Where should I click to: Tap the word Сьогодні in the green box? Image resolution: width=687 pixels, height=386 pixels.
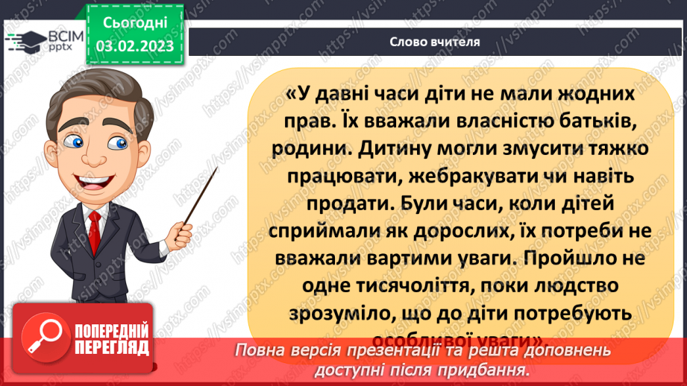(x=135, y=24)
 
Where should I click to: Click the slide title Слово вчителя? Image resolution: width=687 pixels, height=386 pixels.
(x=434, y=42)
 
